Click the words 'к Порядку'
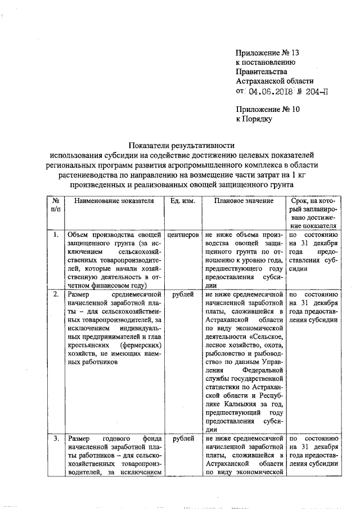point(254,119)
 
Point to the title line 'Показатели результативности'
point(180,143)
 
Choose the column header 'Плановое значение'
point(244,201)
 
